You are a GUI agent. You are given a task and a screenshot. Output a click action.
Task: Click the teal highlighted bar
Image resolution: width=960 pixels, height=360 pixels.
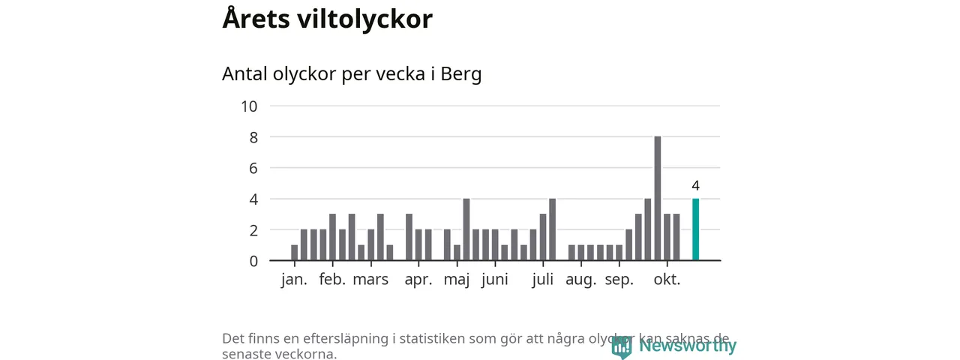pyautogui.click(x=695, y=229)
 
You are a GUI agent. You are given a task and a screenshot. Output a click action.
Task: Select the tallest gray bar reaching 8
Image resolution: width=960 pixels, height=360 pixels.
pyautogui.click(x=658, y=199)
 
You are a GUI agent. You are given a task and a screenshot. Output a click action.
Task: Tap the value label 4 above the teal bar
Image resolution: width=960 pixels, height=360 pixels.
pyautogui.click(x=695, y=185)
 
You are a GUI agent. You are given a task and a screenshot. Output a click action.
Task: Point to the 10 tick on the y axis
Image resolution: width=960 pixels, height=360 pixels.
pyautogui.click(x=249, y=106)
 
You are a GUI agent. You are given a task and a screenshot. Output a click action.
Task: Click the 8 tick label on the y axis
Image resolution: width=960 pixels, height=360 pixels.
pyautogui.click(x=253, y=137)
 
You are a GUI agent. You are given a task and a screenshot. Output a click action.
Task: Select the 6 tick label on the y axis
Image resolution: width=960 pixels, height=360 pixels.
pyautogui.click(x=253, y=168)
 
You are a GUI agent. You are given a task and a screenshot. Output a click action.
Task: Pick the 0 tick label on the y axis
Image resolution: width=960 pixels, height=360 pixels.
pyautogui.click(x=253, y=261)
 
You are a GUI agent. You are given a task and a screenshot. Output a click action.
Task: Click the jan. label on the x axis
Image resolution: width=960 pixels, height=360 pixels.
pyautogui.click(x=294, y=280)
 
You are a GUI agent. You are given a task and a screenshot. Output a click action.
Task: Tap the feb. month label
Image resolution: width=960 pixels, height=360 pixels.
pyautogui.click(x=332, y=280)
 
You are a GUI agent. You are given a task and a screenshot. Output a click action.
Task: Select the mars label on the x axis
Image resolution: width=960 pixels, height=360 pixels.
pyautogui.click(x=370, y=280)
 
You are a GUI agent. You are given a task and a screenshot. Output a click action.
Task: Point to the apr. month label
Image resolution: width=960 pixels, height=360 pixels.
pyautogui.click(x=418, y=280)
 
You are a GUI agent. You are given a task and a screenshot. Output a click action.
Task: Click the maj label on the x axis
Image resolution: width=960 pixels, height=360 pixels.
pyautogui.click(x=457, y=280)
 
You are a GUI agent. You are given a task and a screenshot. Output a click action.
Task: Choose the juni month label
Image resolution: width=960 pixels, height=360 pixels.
pyautogui.click(x=494, y=280)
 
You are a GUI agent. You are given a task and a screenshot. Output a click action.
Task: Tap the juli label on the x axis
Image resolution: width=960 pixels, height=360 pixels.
pyautogui.click(x=542, y=280)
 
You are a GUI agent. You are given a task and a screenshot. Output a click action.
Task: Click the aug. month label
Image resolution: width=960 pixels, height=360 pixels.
pyautogui.click(x=580, y=280)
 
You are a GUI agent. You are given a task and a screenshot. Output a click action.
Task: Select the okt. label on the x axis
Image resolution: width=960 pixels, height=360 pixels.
pyautogui.click(x=667, y=280)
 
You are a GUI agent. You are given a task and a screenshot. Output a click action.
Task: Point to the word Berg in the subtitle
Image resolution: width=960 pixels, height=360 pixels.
pyautogui.click(x=460, y=75)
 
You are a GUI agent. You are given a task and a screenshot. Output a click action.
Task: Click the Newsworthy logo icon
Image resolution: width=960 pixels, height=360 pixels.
pyautogui.click(x=621, y=346)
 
